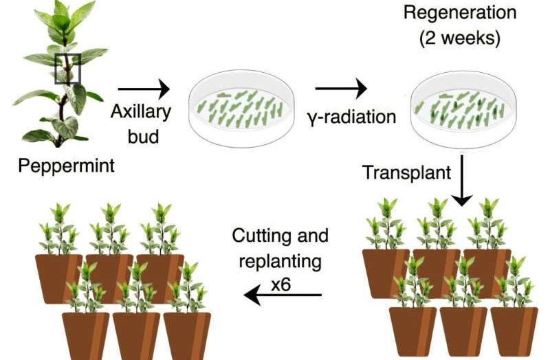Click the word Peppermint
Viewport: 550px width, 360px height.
pos(66,166)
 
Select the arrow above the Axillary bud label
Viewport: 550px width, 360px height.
pos(144,89)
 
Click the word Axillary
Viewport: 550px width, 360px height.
pos(141,112)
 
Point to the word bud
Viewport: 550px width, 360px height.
pos(143,136)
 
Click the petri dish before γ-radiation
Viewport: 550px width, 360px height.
pos(241,109)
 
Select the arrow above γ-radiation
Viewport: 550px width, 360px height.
pos(341,89)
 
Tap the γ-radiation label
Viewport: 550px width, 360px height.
pos(352,117)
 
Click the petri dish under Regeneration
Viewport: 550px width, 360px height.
pos(463,109)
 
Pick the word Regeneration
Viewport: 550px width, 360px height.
pos(460,12)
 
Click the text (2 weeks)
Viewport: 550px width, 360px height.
pos(460,38)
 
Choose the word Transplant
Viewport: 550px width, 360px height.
pos(407,172)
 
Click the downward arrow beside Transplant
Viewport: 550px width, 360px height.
pos(462,181)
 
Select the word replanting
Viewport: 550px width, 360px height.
pos(280,262)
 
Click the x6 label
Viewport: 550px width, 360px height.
pos(281,284)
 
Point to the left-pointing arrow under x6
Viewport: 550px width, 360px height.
pos(283,295)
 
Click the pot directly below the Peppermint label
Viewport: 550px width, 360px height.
pos(59,278)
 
